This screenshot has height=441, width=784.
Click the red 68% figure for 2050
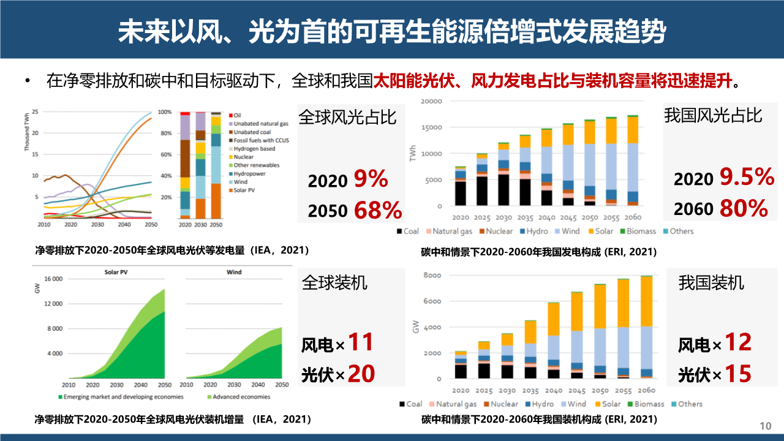[378, 210]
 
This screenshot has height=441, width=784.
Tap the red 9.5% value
[746, 178]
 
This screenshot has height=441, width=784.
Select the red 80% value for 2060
[743, 208]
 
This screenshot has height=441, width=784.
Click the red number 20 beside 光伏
[361, 374]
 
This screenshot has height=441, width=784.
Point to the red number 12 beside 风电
[737, 343]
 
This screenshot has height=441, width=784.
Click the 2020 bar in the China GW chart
[461, 365]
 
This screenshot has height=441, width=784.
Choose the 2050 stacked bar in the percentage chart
[216, 165]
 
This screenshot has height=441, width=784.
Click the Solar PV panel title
[116, 272]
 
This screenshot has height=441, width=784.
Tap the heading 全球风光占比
[347, 117]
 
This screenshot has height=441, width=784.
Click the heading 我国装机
[711, 282]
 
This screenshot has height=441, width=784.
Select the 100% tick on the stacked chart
[165, 113]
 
